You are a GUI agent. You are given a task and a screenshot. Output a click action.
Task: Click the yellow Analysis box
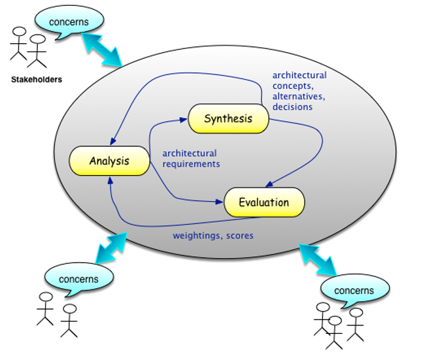pos(109,161)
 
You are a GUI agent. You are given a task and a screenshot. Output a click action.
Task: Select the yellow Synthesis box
pos(228,118)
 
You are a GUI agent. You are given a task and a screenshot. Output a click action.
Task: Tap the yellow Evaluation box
pos(264,203)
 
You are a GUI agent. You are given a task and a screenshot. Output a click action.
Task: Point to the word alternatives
pos(299,96)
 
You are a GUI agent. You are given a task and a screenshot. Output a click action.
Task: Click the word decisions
pos(292,106)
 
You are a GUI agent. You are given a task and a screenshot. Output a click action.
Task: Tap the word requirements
pos(191,164)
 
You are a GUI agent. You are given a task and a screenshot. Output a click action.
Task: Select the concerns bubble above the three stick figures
pos(354,290)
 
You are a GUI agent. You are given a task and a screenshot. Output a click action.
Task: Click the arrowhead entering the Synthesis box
pos(186,120)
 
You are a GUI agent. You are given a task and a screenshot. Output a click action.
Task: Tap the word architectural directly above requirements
pos(189,154)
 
